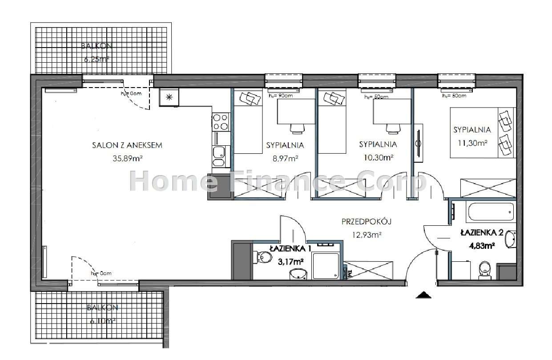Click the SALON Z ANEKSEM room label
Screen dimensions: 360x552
[x=127, y=145]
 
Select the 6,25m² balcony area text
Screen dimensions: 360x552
[x=97, y=59]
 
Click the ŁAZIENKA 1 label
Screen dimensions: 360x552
[x=286, y=248]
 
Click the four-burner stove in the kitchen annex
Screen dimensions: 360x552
[x=221, y=122]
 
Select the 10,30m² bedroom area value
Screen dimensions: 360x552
[x=378, y=157]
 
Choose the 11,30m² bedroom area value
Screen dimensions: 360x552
[x=471, y=143]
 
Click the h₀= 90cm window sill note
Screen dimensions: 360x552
[x=281, y=96]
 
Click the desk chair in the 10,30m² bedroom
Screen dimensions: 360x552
[x=392, y=128]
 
